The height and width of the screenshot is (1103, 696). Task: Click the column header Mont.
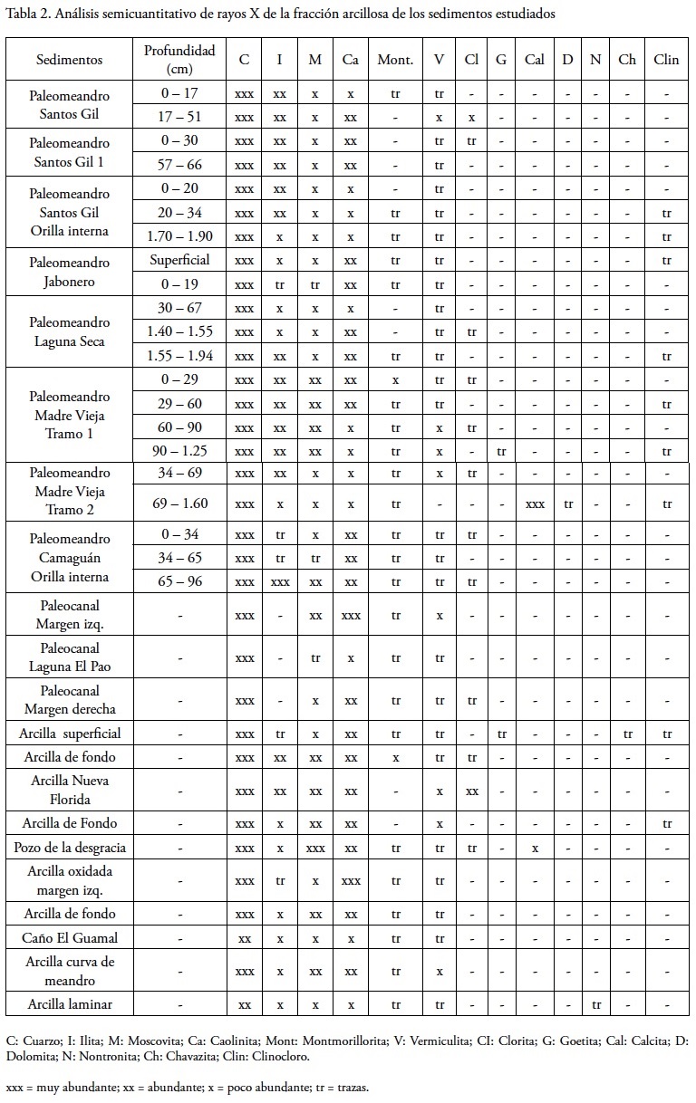click(395, 60)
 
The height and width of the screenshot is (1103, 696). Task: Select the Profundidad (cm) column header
click(179, 60)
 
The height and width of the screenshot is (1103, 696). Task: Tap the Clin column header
click(666, 60)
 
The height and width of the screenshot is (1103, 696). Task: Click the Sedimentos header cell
click(70, 60)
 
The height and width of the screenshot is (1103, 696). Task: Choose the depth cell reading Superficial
click(179, 260)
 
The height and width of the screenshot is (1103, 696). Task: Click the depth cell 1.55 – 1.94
click(179, 356)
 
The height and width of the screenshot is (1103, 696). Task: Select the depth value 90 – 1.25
click(179, 451)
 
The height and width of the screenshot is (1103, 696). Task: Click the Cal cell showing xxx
click(535, 504)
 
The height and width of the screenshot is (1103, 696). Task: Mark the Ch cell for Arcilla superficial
click(627, 734)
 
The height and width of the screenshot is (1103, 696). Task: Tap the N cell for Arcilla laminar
click(595, 1004)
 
